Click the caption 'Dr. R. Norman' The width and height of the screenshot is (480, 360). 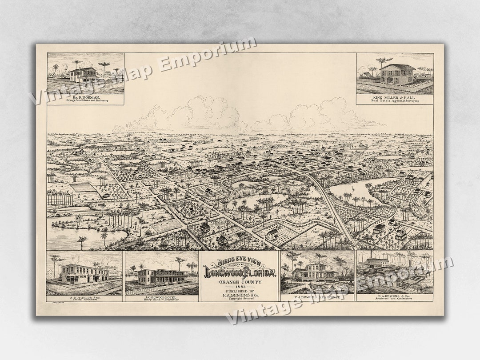[85, 96]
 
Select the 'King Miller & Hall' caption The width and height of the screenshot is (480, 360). [395, 96]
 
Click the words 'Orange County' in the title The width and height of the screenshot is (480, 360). [240, 282]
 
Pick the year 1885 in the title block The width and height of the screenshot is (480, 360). [240, 287]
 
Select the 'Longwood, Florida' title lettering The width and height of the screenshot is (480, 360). [240, 272]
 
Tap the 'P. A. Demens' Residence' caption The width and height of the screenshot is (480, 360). [317, 297]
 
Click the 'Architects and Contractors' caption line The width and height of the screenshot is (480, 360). [395, 299]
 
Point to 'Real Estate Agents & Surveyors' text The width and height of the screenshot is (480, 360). [395, 101]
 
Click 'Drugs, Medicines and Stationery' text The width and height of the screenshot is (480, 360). [85, 100]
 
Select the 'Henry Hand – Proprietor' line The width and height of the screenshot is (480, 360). [162, 299]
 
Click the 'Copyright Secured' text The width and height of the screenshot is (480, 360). [240, 299]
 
